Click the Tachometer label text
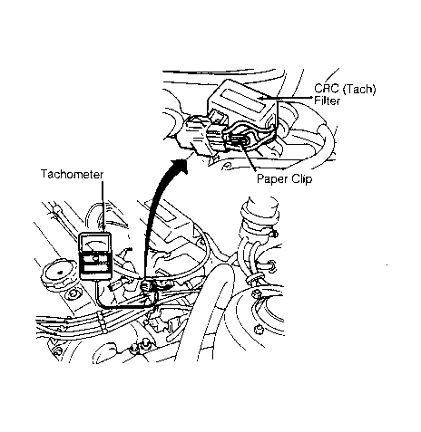72,175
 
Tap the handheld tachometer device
95,256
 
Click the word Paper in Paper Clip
272,179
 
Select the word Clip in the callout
301,178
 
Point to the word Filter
327,101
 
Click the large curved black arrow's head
179,165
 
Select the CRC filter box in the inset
242,101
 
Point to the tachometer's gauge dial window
94,243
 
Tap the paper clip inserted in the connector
239,139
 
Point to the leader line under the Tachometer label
103,206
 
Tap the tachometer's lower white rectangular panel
96,268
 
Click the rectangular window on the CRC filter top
242,101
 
